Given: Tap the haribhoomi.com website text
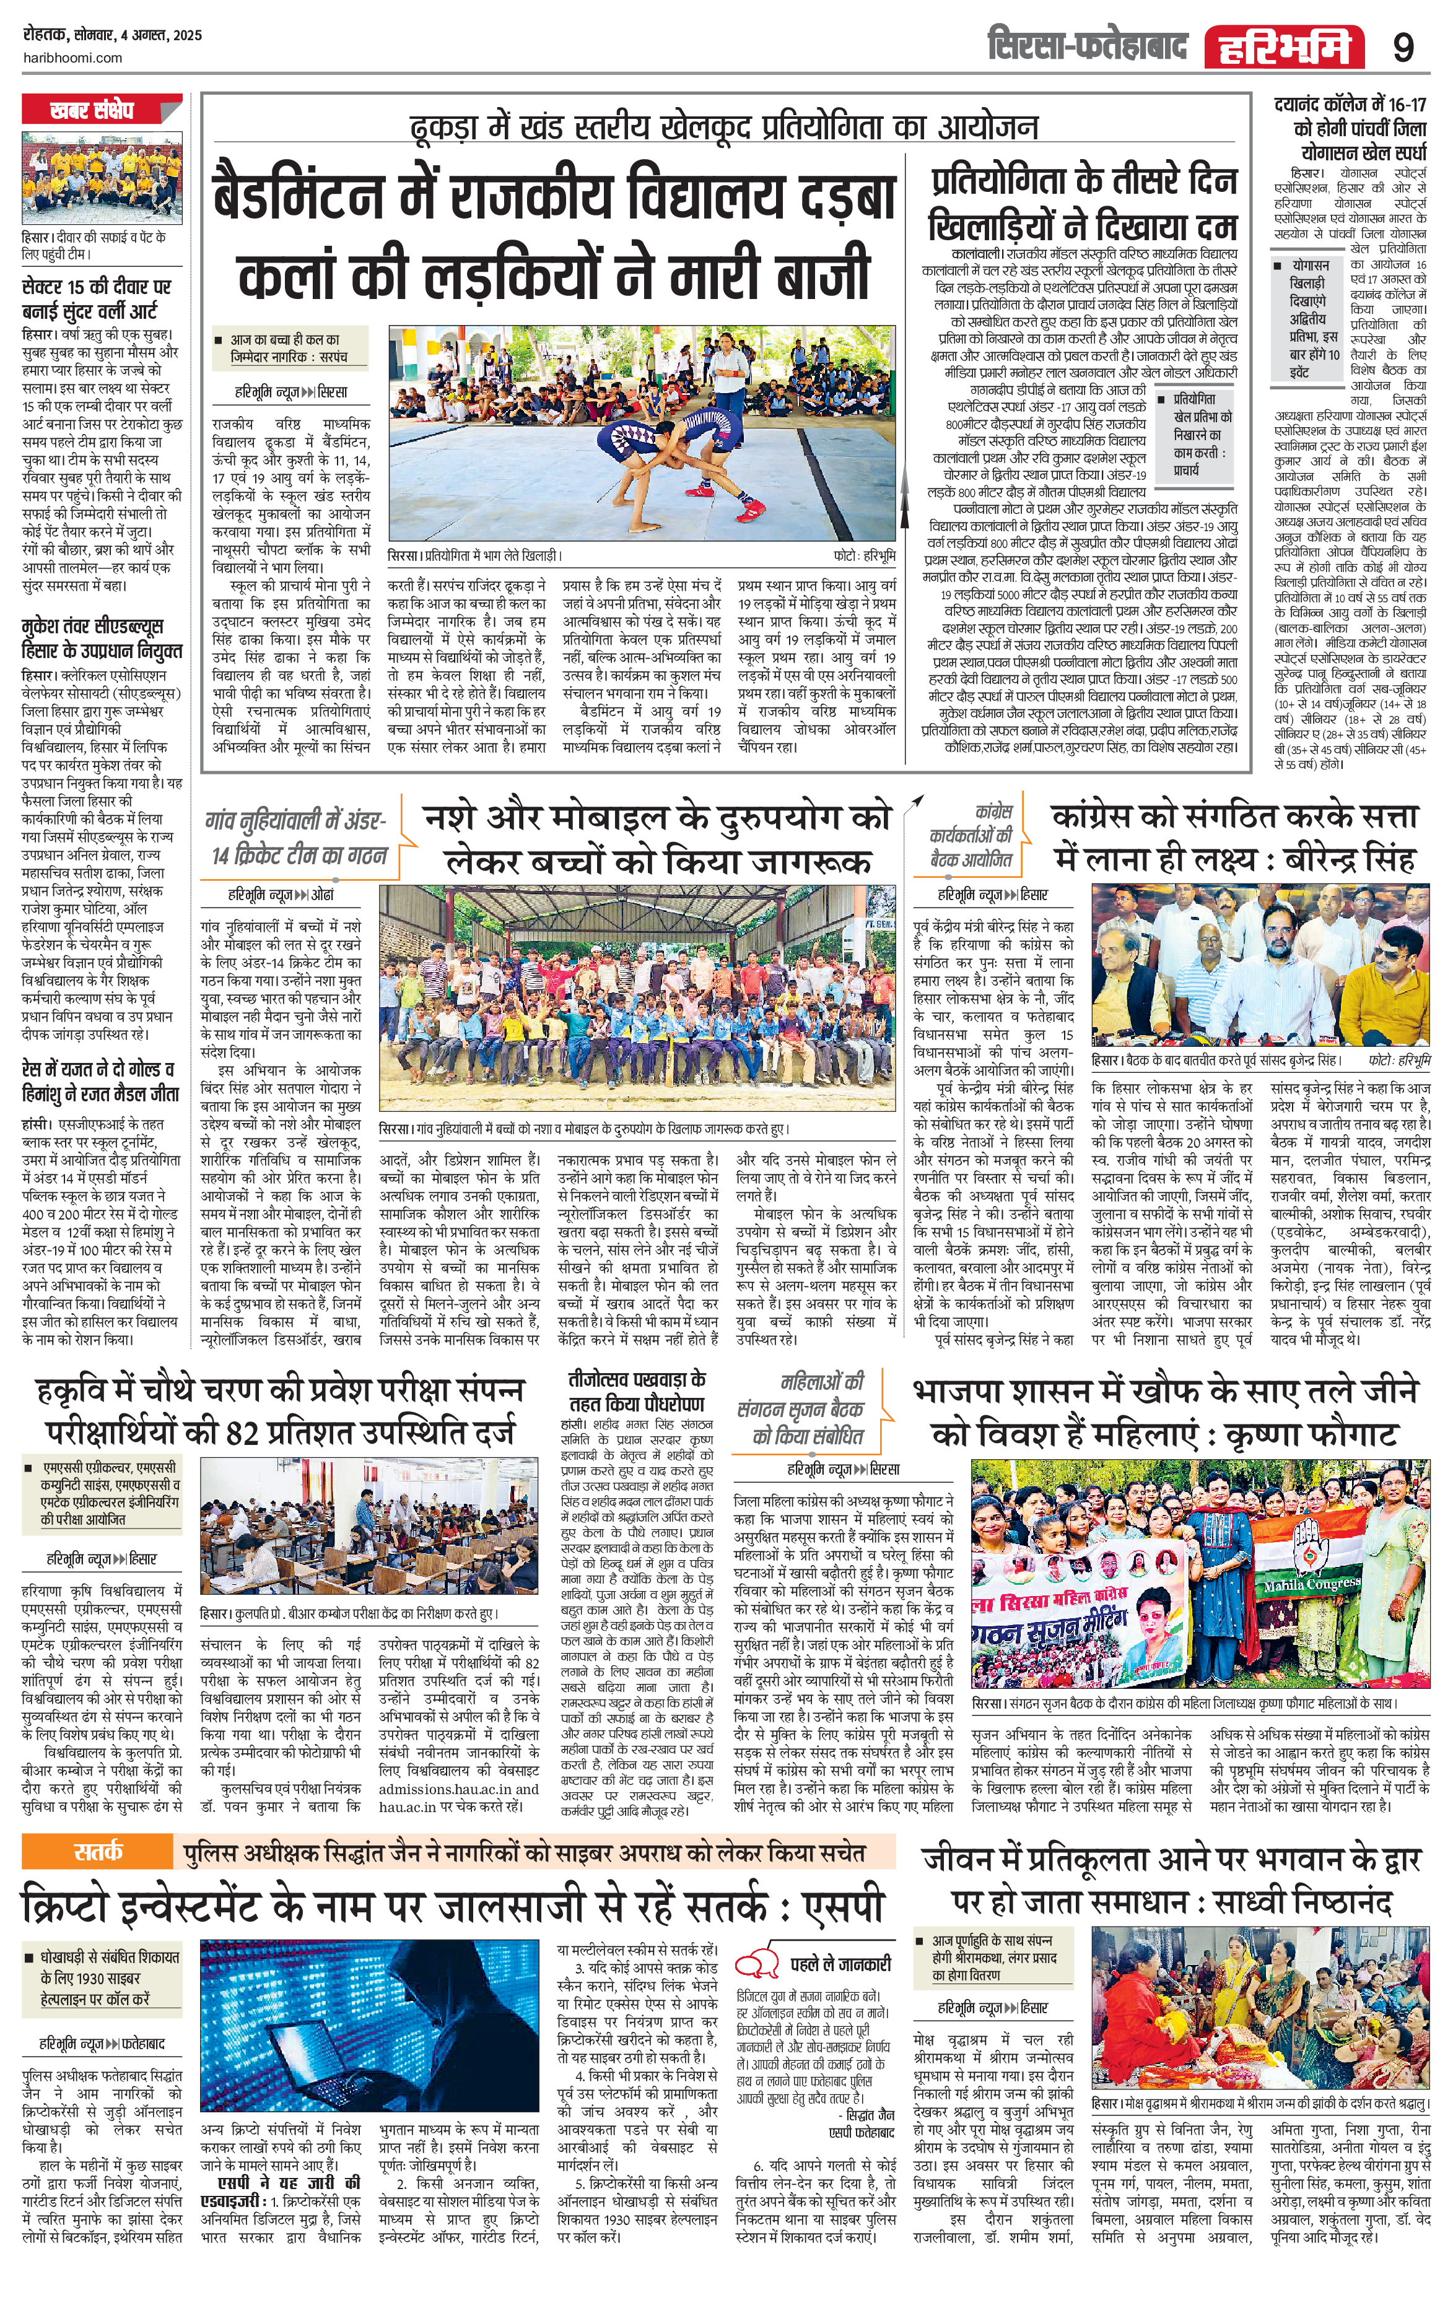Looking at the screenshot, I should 72,58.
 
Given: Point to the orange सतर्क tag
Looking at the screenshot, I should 98,1852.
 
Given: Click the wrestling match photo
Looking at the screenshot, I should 642,433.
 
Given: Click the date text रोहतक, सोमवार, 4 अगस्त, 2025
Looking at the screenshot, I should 112,35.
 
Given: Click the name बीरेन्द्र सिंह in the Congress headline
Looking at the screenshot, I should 1332,858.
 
